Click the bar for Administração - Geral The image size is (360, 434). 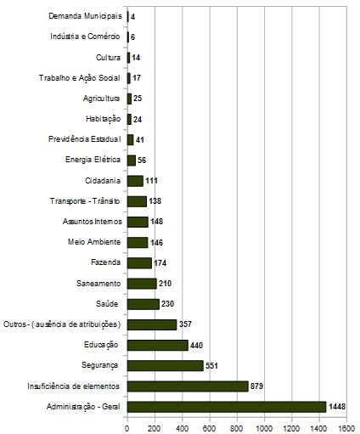pos(227,407)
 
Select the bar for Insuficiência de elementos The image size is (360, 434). pos(188,386)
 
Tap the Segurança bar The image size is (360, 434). pos(166,365)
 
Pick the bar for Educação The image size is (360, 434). pos(158,345)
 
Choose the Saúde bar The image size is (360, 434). pos(143,304)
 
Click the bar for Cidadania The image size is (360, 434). pos(135,181)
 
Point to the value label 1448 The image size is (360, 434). pos(337,407)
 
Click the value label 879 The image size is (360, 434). pos(256,386)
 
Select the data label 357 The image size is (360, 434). pos(185,324)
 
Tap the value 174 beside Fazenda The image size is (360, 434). pos(160,263)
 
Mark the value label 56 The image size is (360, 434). pos(142,161)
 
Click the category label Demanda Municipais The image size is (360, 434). pos(85,16)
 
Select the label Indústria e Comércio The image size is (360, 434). pos(85,37)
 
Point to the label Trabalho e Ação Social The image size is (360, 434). pos(80,78)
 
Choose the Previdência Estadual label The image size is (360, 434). pos(85,139)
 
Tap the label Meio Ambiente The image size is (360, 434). pos(94,242)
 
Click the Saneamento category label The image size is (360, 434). pos(98,283)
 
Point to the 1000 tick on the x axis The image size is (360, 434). pos(265,428)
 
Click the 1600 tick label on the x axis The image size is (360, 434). pos(346,428)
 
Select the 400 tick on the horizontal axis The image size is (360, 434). pos(183,428)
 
